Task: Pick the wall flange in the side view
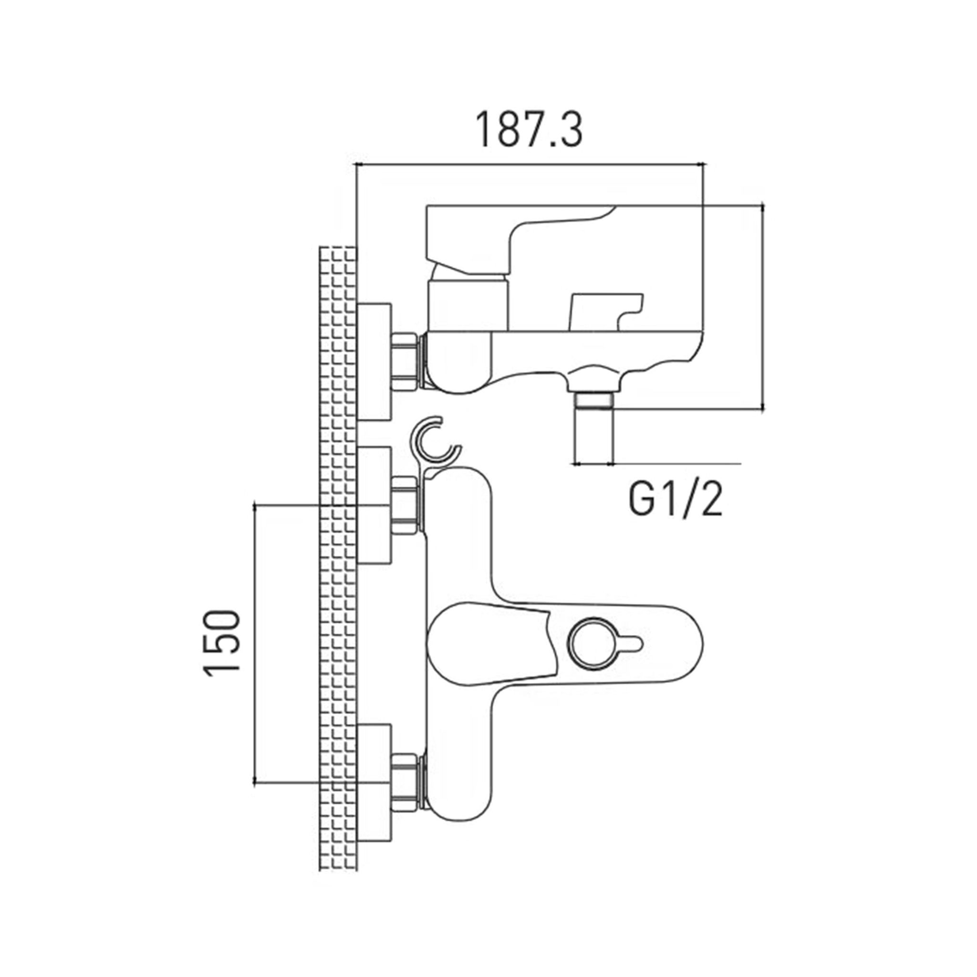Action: [374, 362]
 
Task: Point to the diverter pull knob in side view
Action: [607, 311]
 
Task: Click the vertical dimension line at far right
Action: [763, 306]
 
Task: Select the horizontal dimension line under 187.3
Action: [530, 164]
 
